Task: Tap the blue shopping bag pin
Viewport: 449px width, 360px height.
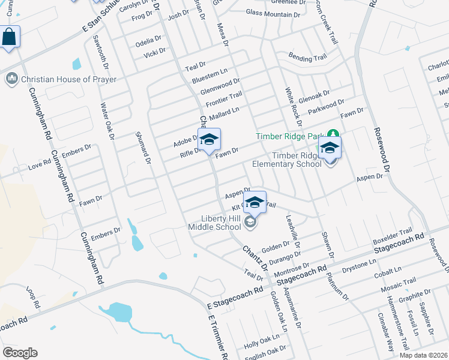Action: tap(10, 38)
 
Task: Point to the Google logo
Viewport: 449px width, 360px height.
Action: tap(20, 353)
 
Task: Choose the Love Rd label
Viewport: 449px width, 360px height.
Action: tap(40, 163)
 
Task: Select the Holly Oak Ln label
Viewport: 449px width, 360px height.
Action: tap(259, 344)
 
